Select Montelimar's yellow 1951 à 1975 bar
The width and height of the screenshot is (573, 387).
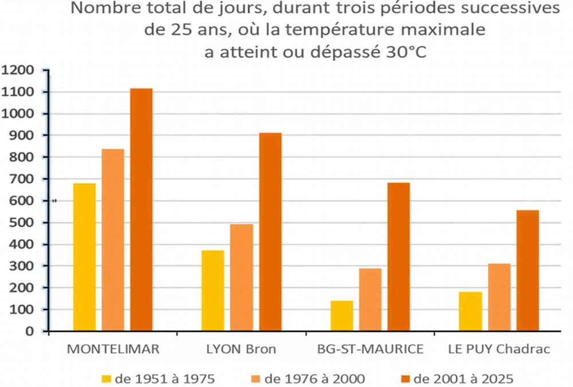[84, 257]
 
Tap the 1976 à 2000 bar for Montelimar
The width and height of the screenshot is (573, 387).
[113, 240]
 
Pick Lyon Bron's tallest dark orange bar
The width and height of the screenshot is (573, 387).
[270, 232]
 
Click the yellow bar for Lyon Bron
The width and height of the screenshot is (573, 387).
[213, 291]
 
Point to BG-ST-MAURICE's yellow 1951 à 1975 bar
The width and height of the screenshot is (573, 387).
[342, 316]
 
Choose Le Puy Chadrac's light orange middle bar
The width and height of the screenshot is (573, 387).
[499, 298]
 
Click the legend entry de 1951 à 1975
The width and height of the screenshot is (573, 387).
[158, 378]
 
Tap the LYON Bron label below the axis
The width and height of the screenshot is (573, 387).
[241, 349]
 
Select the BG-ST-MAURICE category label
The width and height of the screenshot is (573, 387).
[370, 349]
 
